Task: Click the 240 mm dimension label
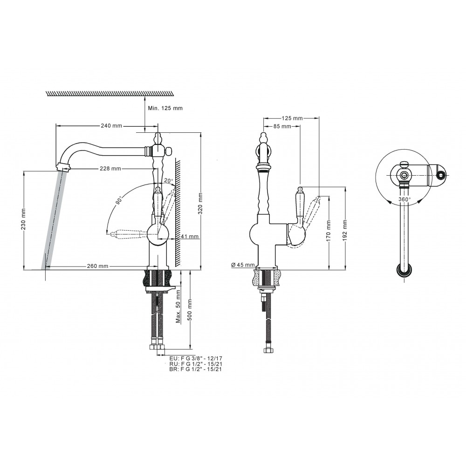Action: (111, 126)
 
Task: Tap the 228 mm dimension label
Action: (110, 169)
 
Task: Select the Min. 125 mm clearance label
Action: (165, 108)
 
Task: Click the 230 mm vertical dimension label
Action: (24, 219)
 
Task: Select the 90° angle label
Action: (119, 200)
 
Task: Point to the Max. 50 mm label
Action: (178, 307)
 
